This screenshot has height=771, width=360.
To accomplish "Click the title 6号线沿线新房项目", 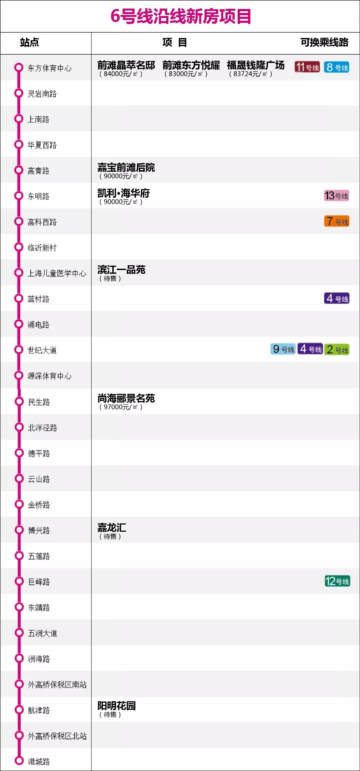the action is pos(180,16).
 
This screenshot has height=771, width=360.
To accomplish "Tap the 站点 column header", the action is pos(29,43).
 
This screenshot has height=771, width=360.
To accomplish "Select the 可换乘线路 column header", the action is pos(324,43).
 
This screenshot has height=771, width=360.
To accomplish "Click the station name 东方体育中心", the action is pos(49,68).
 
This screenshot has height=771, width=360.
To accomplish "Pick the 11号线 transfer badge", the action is pos(307,67).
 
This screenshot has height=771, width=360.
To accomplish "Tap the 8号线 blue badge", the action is pos(337,67).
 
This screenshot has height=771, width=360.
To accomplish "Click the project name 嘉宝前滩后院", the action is pos(126,167).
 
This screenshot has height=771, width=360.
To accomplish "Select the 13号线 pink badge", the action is pos(337,196).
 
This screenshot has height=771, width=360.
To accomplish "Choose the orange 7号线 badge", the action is pos(337,221).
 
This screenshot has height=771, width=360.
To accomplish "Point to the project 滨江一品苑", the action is pos(121,270).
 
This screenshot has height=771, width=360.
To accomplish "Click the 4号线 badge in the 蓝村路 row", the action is pos(337,298).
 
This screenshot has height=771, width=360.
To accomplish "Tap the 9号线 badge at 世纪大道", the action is pos(283,349).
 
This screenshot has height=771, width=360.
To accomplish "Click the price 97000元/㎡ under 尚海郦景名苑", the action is pos(121,407).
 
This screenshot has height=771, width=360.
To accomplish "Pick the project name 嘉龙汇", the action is pos(112,527).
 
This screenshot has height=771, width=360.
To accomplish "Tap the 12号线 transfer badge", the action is pos(337,581).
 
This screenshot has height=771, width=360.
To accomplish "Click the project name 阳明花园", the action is pos(116,706).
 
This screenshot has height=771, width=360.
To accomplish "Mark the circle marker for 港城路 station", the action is pos(19,761).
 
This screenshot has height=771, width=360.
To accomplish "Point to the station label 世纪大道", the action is pos(42,350).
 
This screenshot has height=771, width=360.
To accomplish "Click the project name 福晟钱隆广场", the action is pos(256,65).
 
